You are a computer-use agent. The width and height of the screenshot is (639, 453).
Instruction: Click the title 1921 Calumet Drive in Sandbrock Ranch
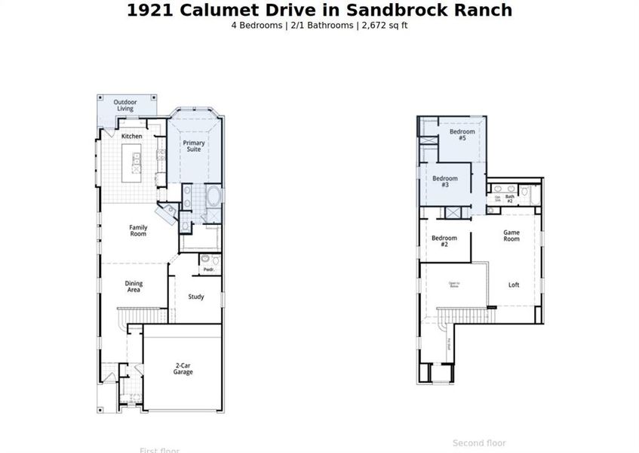click(x=319, y=10)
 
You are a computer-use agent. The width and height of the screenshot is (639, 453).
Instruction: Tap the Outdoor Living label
click(x=124, y=105)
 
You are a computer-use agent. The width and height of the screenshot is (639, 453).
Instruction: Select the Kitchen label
click(x=132, y=136)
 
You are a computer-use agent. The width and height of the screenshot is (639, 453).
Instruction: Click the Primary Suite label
click(x=195, y=146)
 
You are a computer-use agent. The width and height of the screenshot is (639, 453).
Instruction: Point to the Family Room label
click(x=138, y=230)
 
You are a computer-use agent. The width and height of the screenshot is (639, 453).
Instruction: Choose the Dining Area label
click(x=134, y=287)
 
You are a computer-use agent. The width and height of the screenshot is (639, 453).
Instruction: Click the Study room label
click(x=196, y=297)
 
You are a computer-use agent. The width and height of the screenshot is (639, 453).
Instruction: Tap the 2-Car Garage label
click(x=183, y=368)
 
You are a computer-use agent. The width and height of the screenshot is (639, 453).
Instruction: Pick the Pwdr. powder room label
click(x=209, y=270)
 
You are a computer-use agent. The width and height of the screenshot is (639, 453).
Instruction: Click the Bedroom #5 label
click(x=462, y=135)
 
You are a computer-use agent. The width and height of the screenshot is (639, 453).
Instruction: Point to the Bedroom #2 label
click(x=444, y=242)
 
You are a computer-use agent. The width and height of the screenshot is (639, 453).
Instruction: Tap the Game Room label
click(x=512, y=236)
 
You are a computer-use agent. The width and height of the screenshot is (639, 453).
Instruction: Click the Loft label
click(x=514, y=285)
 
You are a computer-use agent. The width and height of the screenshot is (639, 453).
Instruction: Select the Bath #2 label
click(x=510, y=199)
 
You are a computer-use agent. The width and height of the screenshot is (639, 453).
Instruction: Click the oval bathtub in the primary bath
click(x=214, y=197)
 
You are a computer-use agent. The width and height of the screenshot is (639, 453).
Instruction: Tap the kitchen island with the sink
click(x=137, y=162)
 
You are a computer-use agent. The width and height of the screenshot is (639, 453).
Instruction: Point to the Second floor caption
click(x=479, y=443)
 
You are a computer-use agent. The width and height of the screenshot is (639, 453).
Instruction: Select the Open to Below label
click(x=454, y=285)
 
